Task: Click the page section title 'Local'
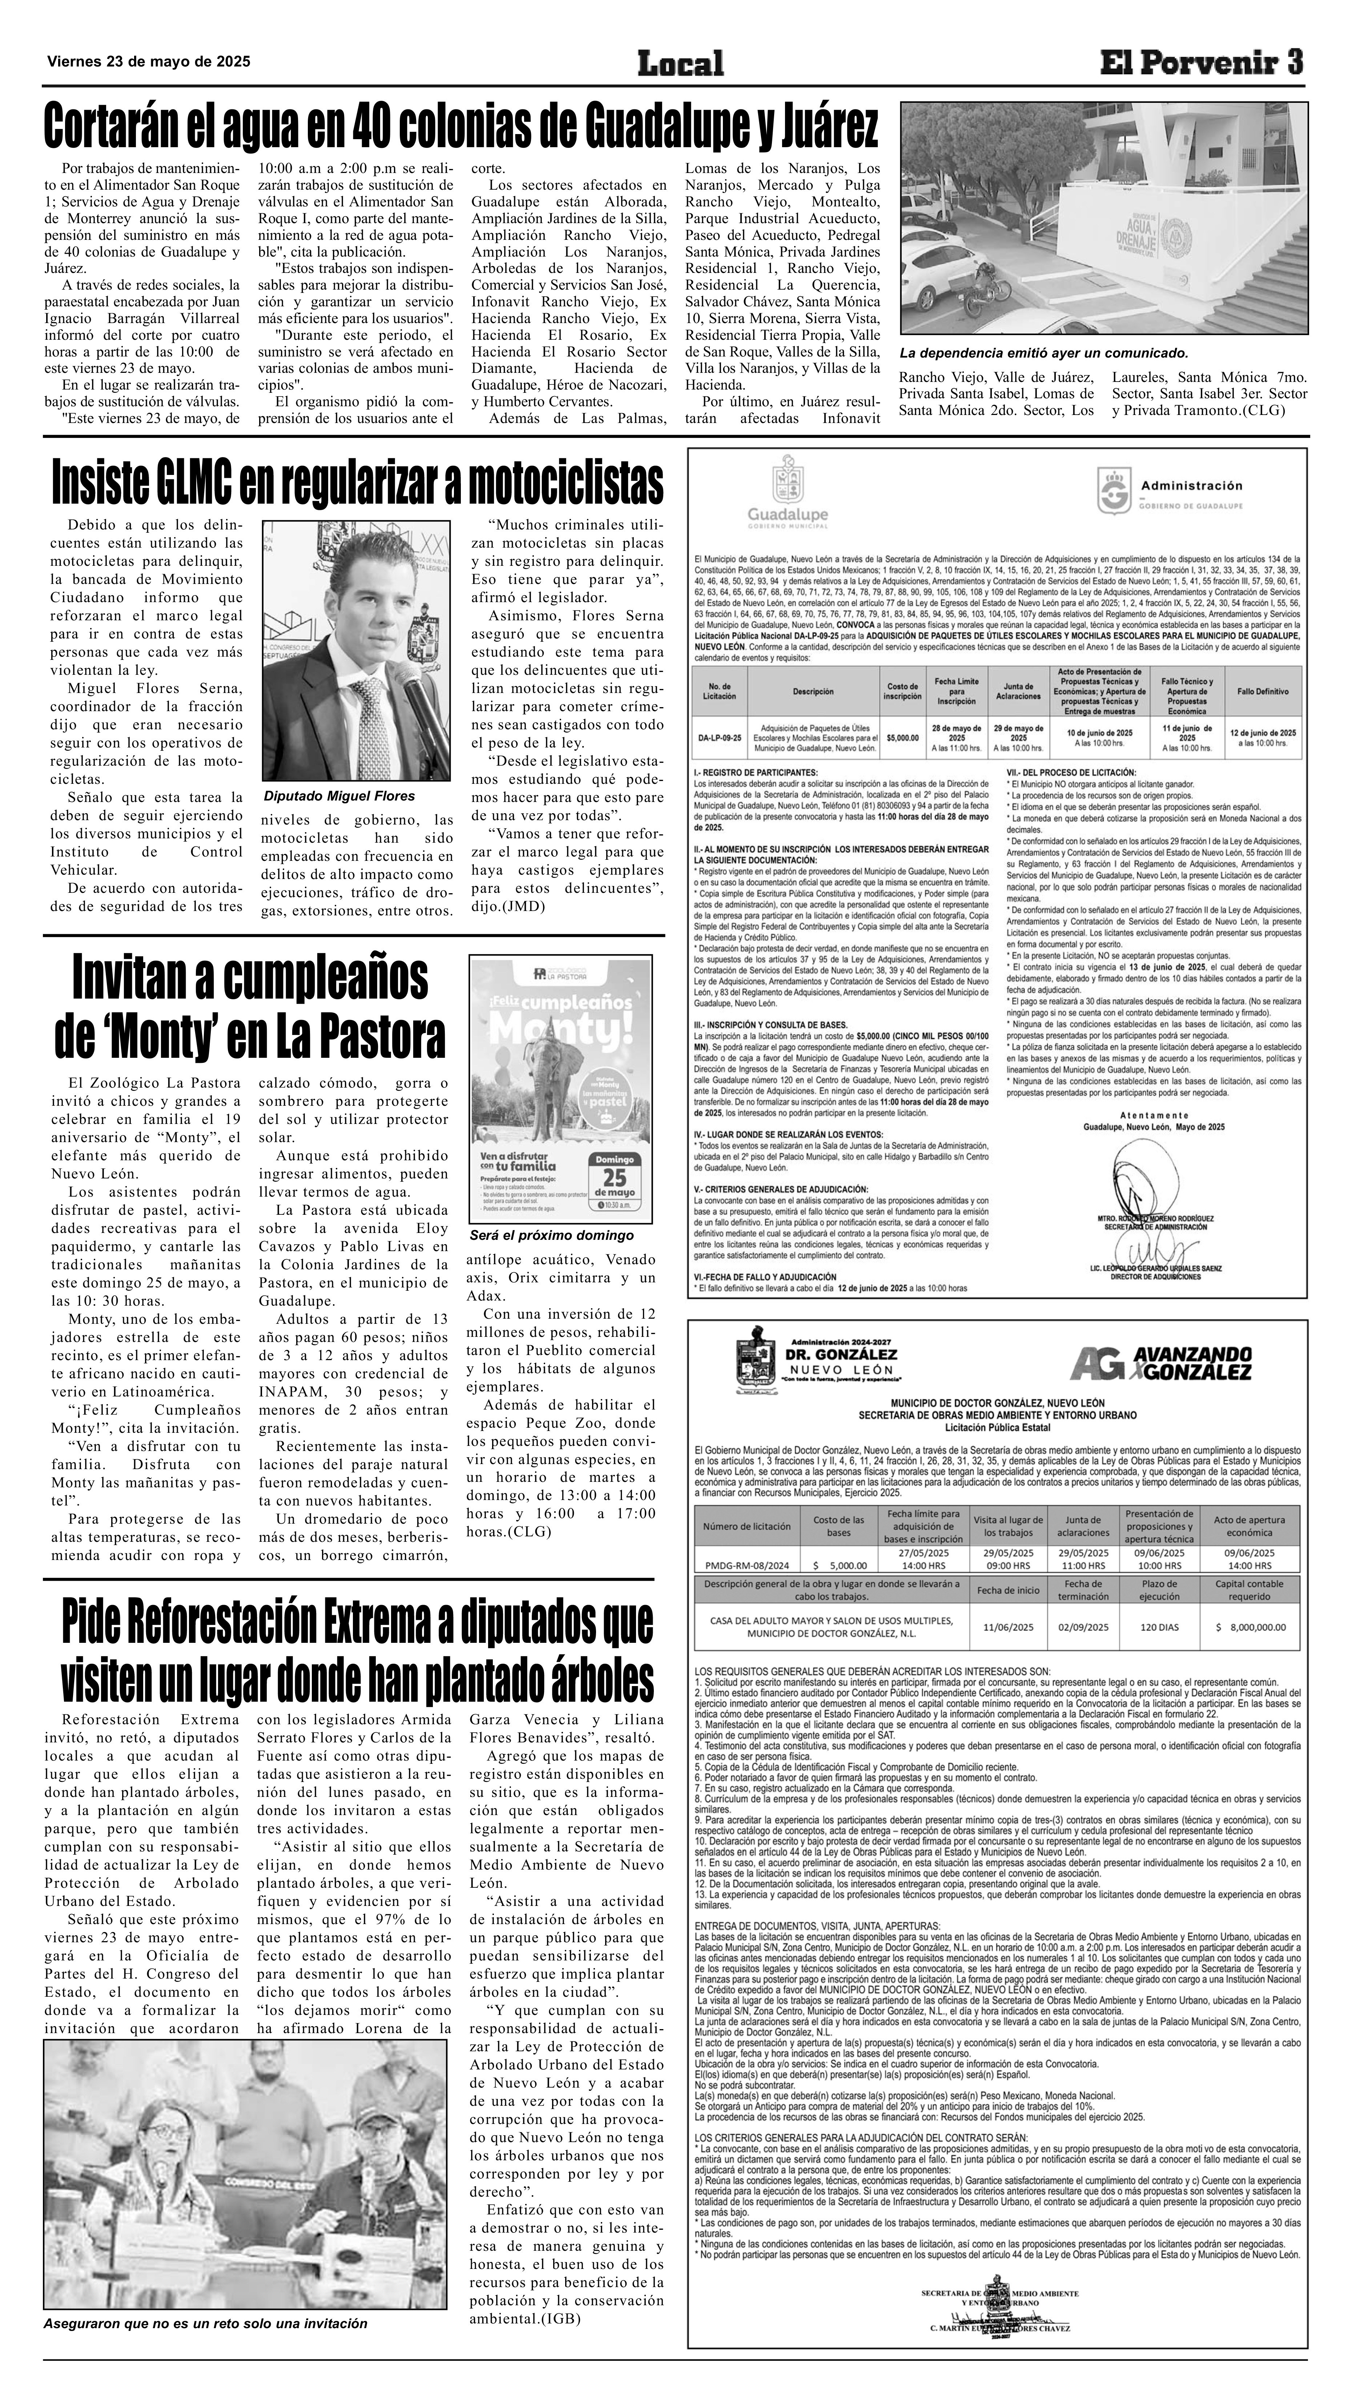tap(680, 64)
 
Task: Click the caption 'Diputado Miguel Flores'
tap(339, 796)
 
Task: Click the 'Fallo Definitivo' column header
tap(1263, 691)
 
